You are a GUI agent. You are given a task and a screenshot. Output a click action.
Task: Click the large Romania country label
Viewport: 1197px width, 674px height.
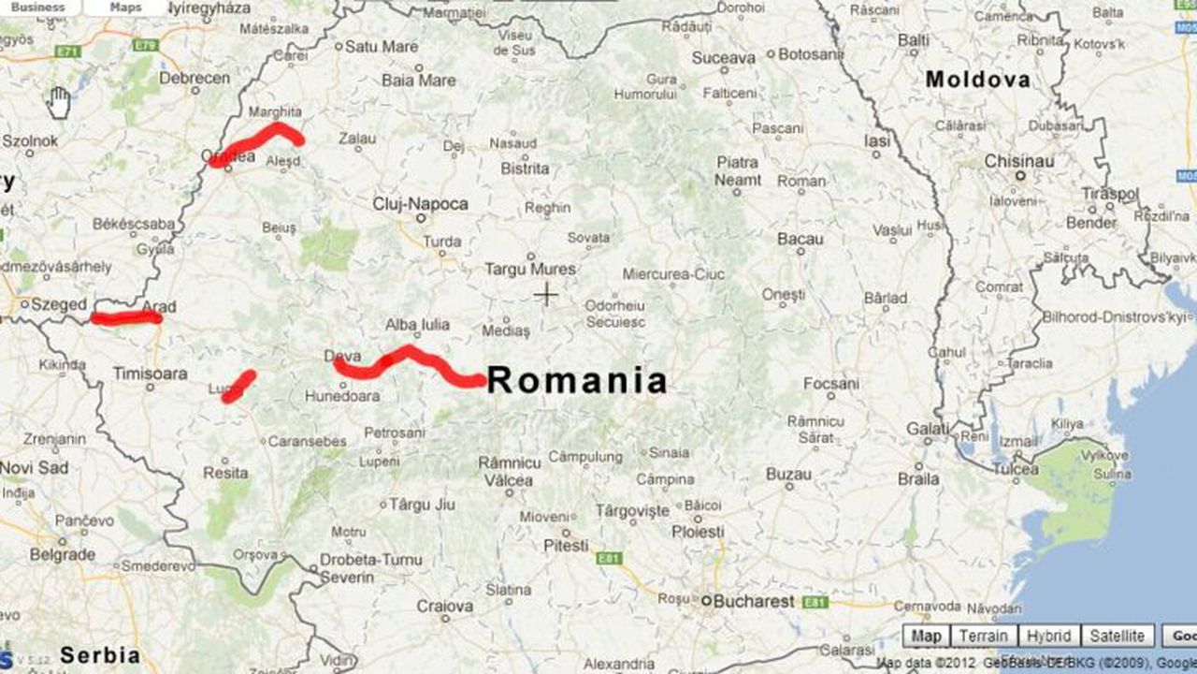[x=577, y=381]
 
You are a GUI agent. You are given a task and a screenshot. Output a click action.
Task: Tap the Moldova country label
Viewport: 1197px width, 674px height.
[x=977, y=81]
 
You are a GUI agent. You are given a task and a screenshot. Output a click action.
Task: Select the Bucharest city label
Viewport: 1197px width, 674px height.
[x=753, y=602]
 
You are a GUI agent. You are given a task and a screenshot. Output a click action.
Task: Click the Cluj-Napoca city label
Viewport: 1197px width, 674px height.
[x=420, y=204]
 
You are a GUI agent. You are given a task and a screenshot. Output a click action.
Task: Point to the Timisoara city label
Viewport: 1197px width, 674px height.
[x=150, y=373]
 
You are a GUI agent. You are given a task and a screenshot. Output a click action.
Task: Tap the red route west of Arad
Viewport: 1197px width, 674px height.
[x=126, y=318]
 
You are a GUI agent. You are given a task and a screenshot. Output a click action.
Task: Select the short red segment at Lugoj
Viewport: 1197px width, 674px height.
[x=238, y=387]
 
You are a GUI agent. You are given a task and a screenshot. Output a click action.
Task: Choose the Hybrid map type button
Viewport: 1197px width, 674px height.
[x=1048, y=637]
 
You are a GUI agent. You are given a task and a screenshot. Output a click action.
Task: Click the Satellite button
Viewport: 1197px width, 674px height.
[x=1117, y=637]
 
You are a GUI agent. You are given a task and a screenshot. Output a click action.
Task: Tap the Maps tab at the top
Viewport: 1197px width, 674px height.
[x=125, y=7]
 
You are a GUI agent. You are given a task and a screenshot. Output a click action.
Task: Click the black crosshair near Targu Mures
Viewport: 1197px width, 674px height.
[x=545, y=296]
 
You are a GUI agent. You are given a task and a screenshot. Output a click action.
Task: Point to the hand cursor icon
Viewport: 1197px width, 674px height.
[x=59, y=103]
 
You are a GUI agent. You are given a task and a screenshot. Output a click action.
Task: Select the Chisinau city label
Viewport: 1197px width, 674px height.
[x=1018, y=162]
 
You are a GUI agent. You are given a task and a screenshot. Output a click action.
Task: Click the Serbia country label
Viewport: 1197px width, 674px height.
[x=100, y=655]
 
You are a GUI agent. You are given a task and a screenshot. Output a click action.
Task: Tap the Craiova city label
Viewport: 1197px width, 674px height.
[x=444, y=607]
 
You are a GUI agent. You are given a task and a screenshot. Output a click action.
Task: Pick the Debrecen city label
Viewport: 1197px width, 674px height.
[x=195, y=79]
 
